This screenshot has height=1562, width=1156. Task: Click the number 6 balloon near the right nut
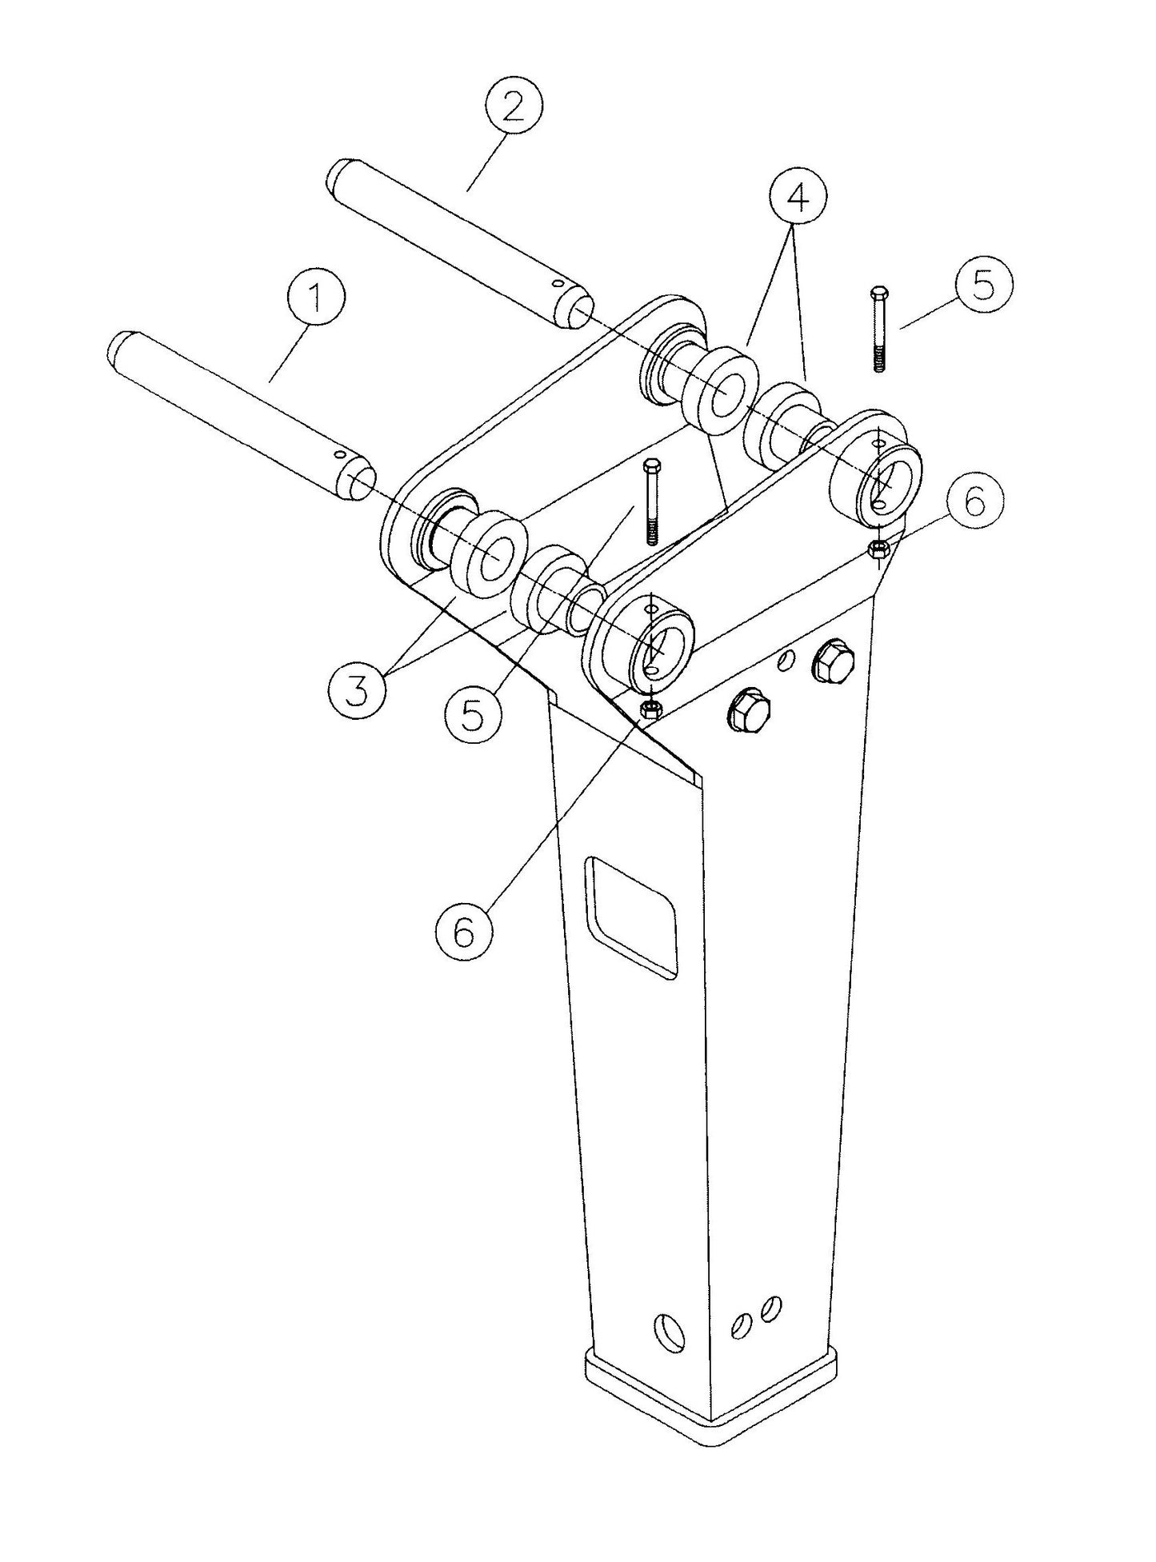(x=973, y=502)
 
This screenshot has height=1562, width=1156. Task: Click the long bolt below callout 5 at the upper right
(x=878, y=328)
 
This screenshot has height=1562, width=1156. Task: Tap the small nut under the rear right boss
(x=878, y=548)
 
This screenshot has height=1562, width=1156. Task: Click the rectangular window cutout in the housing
(x=631, y=917)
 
